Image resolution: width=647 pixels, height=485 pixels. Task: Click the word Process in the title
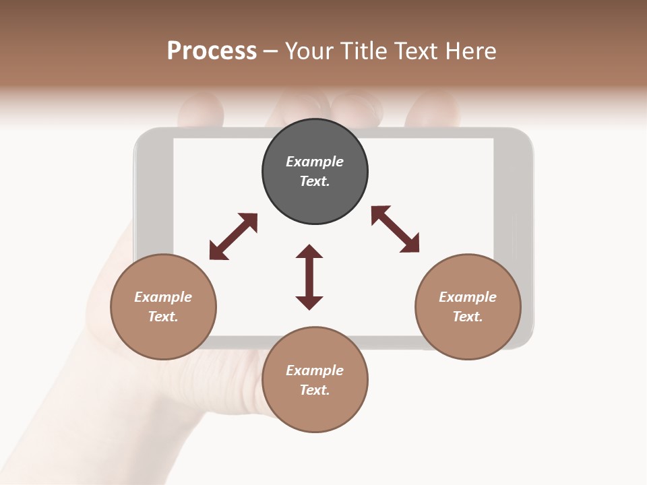[x=212, y=51]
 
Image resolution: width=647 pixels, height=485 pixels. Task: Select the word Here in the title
[x=471, y=51]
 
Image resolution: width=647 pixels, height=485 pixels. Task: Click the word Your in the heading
[x=309, y=51]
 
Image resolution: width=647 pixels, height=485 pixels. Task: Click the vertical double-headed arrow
[x=309, y=277]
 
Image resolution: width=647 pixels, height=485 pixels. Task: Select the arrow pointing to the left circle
[x=233, y=236]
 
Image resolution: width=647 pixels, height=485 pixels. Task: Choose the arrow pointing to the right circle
[x=396, y=229]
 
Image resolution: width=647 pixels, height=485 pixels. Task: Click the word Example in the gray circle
[x=315, y=162]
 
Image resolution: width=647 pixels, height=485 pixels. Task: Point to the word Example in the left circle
[x=163, y=297]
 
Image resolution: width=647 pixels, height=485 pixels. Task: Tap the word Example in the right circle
[x=468, y=297]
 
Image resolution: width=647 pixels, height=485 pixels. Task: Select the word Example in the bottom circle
[x=315, y=370]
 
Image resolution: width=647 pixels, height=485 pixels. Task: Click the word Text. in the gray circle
[x=315, y=181]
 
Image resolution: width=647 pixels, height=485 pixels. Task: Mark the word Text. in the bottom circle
[x=315, y=390]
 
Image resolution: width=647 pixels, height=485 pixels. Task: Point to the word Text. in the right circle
[x=468, y=317]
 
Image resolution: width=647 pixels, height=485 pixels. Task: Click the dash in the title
[x=270, y=52]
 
